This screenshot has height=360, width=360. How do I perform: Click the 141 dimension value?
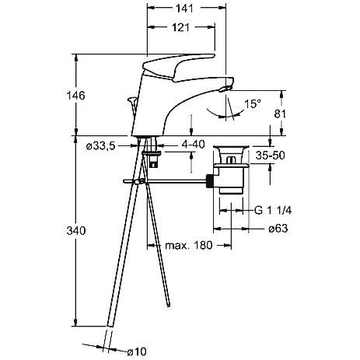[184, 9]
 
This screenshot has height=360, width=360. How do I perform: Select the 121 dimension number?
[180, 27]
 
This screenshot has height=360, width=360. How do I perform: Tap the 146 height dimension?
[75, 96]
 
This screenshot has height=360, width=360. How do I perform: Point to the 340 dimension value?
[75, 230]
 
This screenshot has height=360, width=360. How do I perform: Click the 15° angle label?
[253, 104]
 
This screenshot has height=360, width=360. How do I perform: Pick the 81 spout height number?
[280, 114]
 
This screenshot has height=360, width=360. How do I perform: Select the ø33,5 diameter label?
[100, 146]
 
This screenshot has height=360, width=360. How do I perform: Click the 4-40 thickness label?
[193, 145]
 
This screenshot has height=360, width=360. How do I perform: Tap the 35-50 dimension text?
[270, 156]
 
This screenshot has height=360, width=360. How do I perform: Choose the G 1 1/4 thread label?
[273, 210]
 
